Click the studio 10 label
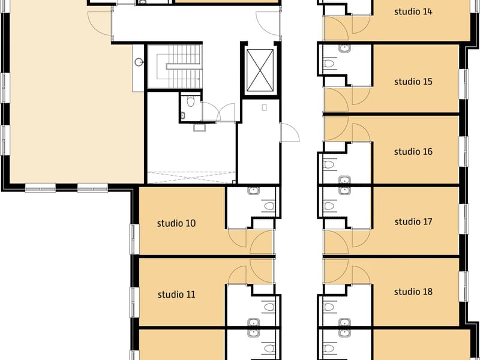[x=176, y=223]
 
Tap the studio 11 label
[x=176, y=295]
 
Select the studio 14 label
[x=413, y=11]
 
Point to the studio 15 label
[x=413, y=82]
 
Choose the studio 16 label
[x=413, y=152]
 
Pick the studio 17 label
[x=413, y=221]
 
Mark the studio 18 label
[x=413, y=292]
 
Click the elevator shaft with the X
[x=260, y=70]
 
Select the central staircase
[x=175, y=67]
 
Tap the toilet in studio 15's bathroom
[x=328, y=64]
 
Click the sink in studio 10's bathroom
[x=253, y=191]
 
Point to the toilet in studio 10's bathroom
[x=269, y=206]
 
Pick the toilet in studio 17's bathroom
[x=328, y=206]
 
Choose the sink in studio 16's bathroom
[x=344, y=180]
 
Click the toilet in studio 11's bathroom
[x=269, y=307]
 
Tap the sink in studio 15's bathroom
[x=344, y=48]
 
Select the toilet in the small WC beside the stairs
[x=190, y=101]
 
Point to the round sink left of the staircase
[x=139, y=62]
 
